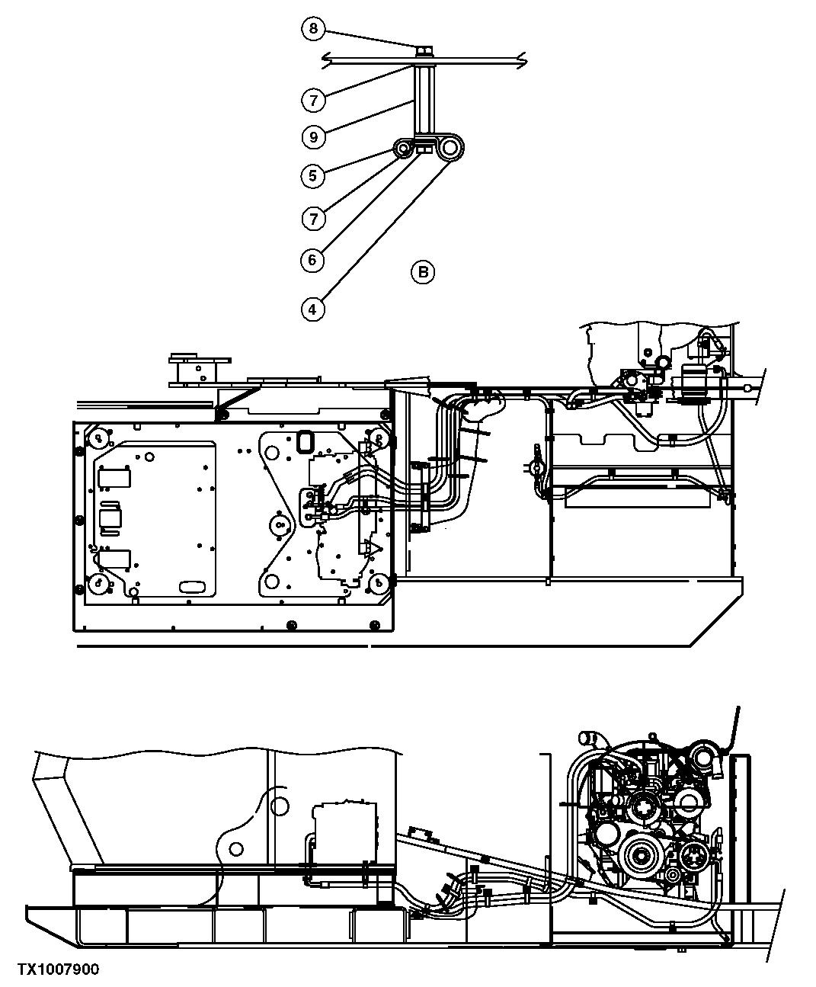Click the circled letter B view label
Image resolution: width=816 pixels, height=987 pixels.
click(423, 271)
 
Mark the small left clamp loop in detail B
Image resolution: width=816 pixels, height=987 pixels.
click(403, 147)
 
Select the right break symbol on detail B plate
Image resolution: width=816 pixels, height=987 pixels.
click(520, 59)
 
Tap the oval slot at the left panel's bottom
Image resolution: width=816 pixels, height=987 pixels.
click(193, 586)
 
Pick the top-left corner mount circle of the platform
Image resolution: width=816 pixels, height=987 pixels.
click(98, 439)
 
